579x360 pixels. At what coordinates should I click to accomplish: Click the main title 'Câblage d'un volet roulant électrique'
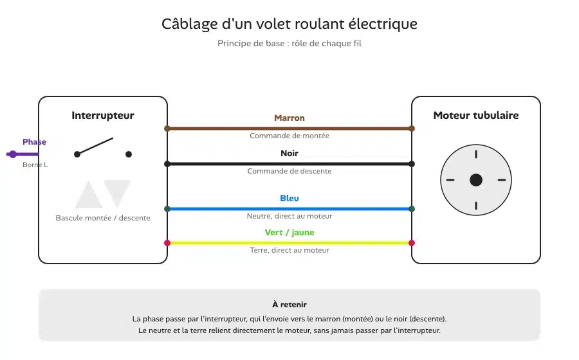tap(289, 24)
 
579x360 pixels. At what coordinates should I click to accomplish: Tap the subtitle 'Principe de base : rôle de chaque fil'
tap(289, 44)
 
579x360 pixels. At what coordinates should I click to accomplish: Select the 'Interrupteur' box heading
tap(103, 116)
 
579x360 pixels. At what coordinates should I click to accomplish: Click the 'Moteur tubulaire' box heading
tap(476, 116)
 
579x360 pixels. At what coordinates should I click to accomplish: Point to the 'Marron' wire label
tap(289, 118)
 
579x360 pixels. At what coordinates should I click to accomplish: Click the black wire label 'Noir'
tap(289, 153)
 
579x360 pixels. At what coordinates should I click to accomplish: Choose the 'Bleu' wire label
tap(289, 198)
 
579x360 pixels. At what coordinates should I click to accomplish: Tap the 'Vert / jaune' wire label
tap(289, 232)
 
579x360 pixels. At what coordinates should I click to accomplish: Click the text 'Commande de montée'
tap(289, 136)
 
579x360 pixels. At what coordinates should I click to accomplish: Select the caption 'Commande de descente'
tap(289, 171)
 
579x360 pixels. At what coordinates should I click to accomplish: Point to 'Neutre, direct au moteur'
tap(289, 216)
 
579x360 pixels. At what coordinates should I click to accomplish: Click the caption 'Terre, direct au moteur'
tap(289, 250)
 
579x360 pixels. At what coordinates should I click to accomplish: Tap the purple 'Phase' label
tap(34, 142)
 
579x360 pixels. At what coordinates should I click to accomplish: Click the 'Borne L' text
tap(35, 165)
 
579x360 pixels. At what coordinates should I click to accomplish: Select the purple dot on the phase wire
tap(13, 154)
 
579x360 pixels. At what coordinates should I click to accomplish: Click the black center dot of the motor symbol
tap(476, 180)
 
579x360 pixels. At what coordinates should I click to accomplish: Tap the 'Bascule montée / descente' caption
tap(103, 218)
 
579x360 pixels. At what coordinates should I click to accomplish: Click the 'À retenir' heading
tap(289, 305)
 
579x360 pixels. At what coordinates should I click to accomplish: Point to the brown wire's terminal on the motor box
tap(412, 129)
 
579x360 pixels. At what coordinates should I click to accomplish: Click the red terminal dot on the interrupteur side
tap(167, 243)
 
